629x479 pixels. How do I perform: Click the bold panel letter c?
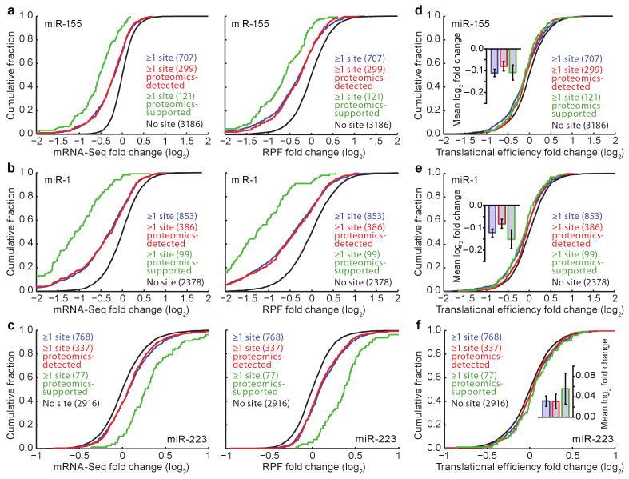7,326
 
